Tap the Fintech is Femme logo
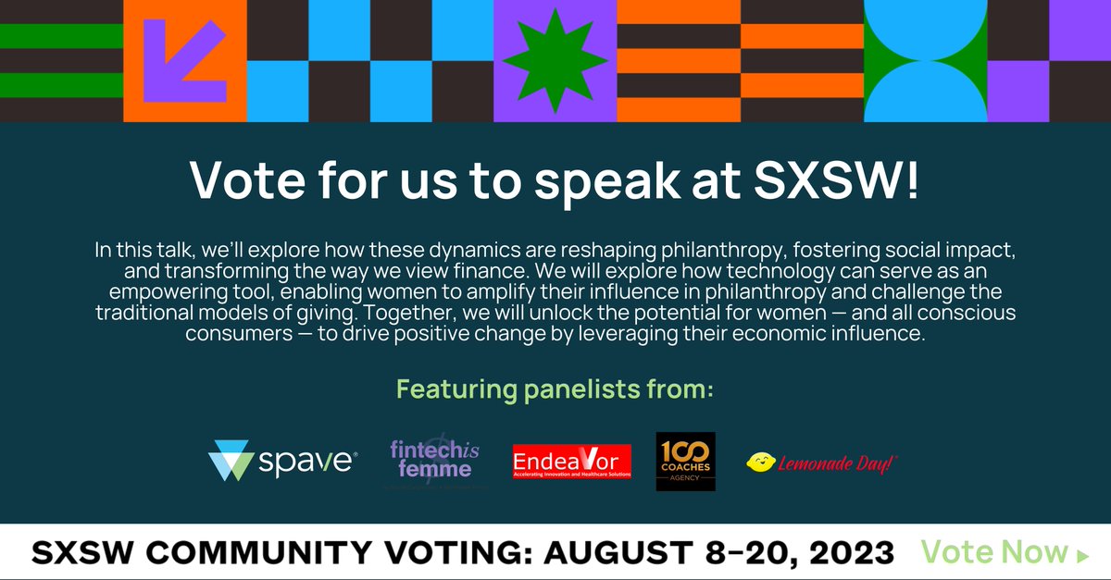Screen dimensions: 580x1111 click(x=431, y=460)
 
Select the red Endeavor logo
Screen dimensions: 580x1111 click(x=571, y=461)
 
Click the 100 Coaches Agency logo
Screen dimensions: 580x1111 click(x=685, y=461)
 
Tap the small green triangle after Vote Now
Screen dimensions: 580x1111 click(x=1082, y=555)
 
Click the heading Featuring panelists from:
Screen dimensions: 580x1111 click(x=555, y=389)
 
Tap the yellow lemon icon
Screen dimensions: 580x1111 click(x=761, y=463)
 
